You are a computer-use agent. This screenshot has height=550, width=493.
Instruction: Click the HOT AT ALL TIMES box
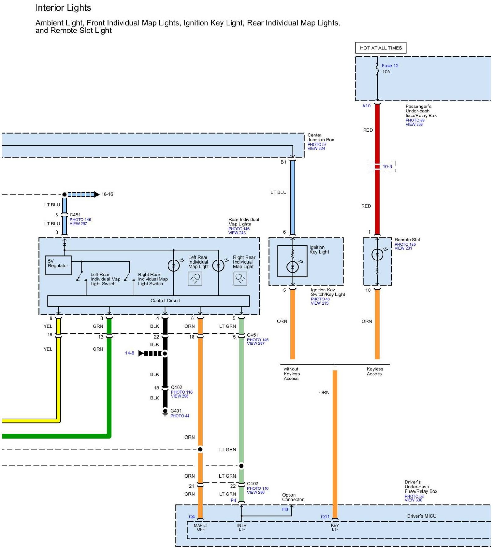click(381, 48)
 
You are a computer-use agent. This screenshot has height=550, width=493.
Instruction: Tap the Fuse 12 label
click(390, 66)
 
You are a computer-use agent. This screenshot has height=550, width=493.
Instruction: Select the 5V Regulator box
click(58, 265)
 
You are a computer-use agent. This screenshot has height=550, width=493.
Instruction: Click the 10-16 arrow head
click(97, 195)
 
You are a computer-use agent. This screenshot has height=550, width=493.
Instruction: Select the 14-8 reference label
click(129, 353)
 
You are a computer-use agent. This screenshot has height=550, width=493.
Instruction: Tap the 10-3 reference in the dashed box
click(388, 166)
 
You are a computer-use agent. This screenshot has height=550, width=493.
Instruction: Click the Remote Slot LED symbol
click(377, 255)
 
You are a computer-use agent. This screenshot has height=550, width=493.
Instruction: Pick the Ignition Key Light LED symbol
click(292, 267)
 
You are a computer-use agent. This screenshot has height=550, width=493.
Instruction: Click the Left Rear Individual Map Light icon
click(195, 278)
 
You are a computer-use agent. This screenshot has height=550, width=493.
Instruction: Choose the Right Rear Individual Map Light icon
click(240, 278)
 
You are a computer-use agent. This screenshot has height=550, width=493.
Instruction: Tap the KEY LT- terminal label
click(335, 527)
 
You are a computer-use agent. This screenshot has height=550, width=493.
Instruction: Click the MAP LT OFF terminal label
click(201, 527)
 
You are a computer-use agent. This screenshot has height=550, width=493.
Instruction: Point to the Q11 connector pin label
click(325, 517)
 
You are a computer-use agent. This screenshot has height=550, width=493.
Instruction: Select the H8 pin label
click(285, 509)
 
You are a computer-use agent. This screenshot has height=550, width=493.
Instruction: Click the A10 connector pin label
click(366, 106)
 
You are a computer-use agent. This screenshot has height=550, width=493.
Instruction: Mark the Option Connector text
click(293, 497)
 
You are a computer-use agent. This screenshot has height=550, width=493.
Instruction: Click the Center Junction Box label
click(320, 137)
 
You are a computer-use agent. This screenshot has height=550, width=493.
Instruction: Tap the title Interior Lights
click(63, 8)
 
